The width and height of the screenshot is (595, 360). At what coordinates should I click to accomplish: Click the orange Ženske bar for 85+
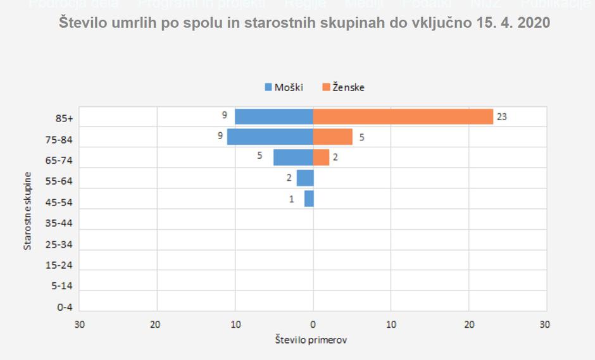(403, 117)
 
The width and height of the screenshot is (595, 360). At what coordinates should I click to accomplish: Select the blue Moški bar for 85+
(274, 117)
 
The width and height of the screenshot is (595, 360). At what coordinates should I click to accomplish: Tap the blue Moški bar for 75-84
(270, 137)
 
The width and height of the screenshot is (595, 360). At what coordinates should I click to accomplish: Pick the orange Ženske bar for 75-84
(333, 137)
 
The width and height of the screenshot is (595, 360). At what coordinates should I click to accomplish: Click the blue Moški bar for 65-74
(293, 158)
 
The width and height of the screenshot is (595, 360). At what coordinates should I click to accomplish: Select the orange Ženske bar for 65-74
(322, 158)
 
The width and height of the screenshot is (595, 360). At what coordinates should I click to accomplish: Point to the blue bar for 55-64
(305, 178)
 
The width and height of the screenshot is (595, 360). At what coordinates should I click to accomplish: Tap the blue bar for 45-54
(309, 199)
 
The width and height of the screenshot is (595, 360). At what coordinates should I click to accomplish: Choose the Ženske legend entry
(343, 87)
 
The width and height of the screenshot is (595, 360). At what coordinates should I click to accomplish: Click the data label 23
(502, 116)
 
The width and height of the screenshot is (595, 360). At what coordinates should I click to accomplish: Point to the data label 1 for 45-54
(292, 199)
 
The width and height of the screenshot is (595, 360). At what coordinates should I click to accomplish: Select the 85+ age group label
(65, 118)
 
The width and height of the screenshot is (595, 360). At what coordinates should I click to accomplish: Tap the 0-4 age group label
(65, 307)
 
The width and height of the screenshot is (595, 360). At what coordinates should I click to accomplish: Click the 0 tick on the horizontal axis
(313, 324)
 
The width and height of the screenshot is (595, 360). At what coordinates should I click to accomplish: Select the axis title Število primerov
(311, 340)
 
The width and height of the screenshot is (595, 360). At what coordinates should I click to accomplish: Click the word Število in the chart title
(83, 23)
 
